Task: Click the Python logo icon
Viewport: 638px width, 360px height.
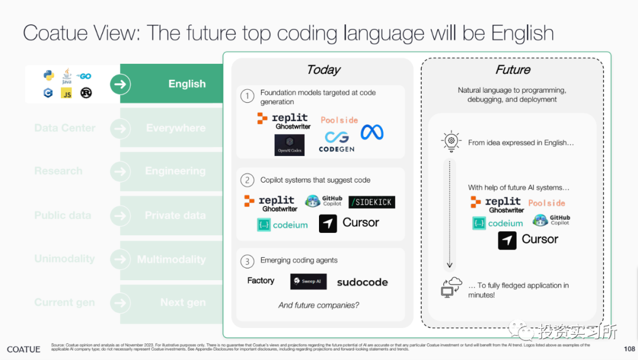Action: coord(48,76)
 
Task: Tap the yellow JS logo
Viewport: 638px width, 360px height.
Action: coord(67,93)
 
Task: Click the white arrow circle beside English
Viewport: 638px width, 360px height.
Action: coord(120,85)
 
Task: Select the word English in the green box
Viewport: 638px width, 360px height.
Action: coord(187,84)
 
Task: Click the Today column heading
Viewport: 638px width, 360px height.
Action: coord(323,70)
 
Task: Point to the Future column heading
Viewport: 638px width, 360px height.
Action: coord(513,70)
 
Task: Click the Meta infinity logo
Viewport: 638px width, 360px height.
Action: coord(372,132)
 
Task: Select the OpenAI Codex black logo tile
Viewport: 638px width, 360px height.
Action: coord(289,145)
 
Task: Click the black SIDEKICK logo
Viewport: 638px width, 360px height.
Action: coord(372,202)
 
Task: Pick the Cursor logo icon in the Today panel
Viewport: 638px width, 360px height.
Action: coord(328,223)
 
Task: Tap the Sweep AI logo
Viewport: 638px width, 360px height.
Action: coord(308,281)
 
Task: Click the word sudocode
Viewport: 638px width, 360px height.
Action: coord(362,282)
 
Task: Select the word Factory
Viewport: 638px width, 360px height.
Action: coord(261,281)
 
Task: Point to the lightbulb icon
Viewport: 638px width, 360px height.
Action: coord(451,141)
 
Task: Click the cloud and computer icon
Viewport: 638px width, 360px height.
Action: coord(451,287)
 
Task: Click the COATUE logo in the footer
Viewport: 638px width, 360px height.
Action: coord(24,349)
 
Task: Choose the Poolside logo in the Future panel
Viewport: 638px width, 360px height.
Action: coord(546,203)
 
